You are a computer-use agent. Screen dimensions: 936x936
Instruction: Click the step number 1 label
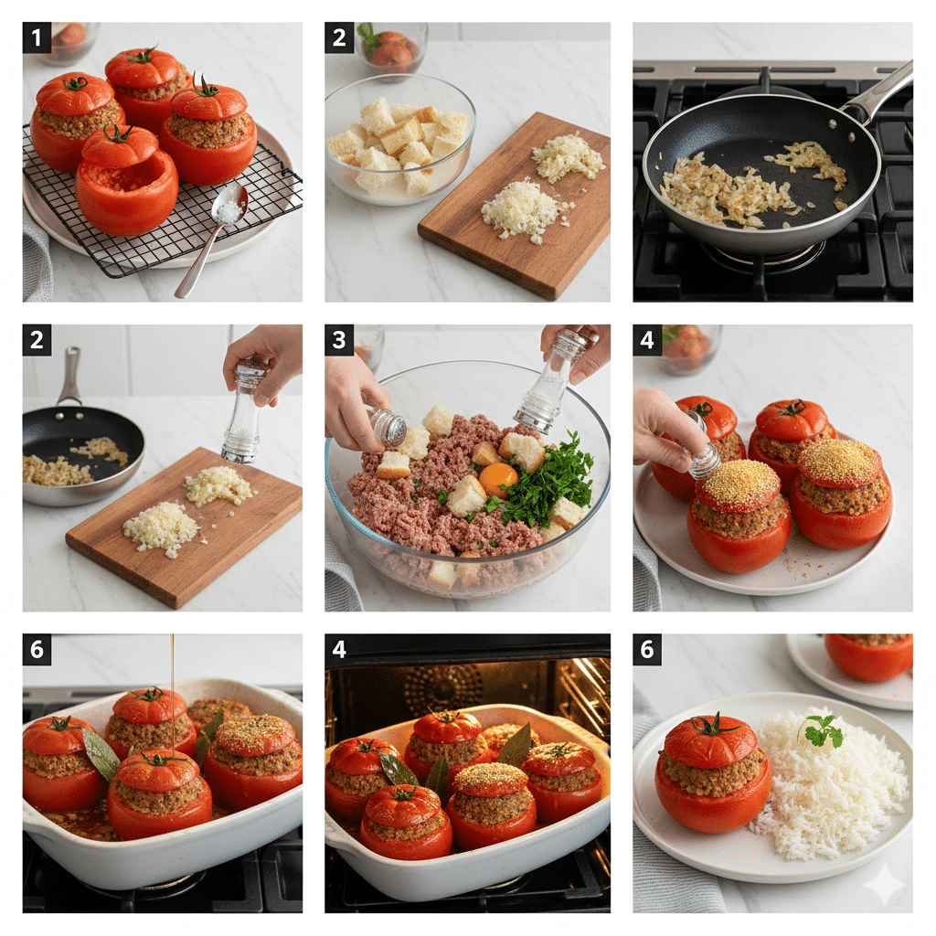[37, 37]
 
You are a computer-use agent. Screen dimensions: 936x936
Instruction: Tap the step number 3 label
[339, 340]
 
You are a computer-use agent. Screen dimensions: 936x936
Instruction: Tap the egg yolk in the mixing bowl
[497, 478]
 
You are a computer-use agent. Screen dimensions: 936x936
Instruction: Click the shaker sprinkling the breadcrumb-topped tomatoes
[701, 449]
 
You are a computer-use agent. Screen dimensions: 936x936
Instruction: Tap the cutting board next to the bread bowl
[516, 206]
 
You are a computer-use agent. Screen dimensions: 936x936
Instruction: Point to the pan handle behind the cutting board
[69, 376]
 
